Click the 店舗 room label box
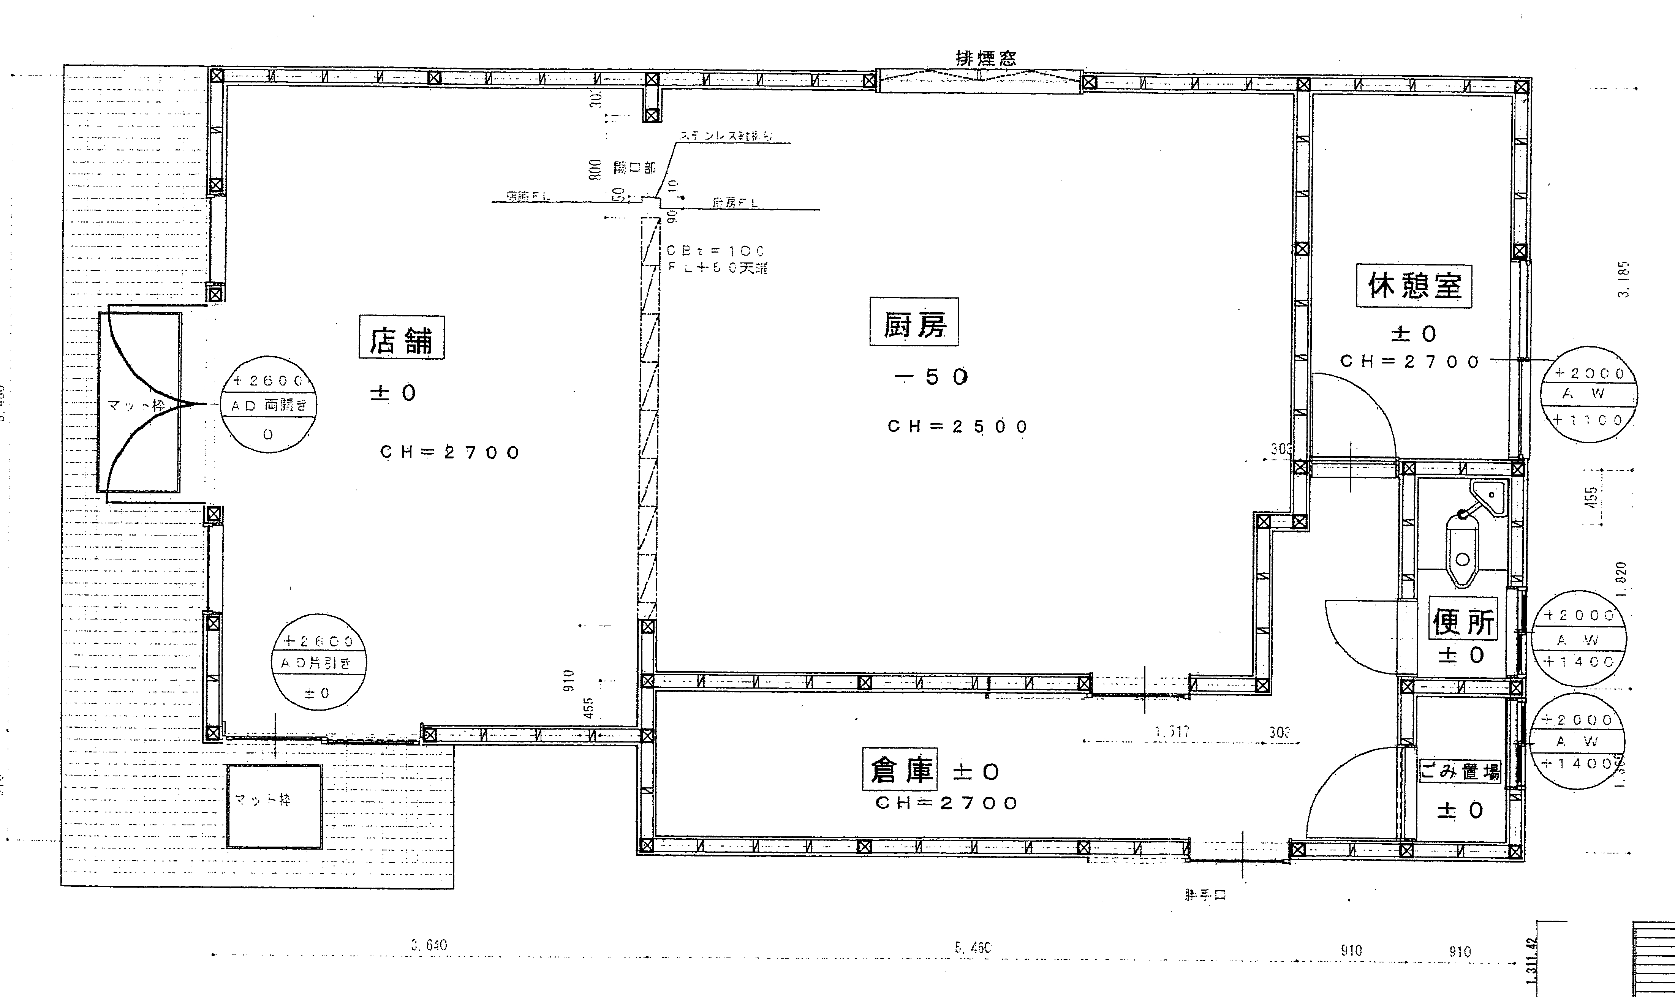pos(401,337)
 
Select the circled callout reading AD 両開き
pos(268,405)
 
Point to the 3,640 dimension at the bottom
pos(429,945)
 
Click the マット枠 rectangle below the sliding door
pos(274,806)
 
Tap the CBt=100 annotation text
pos(716,251)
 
